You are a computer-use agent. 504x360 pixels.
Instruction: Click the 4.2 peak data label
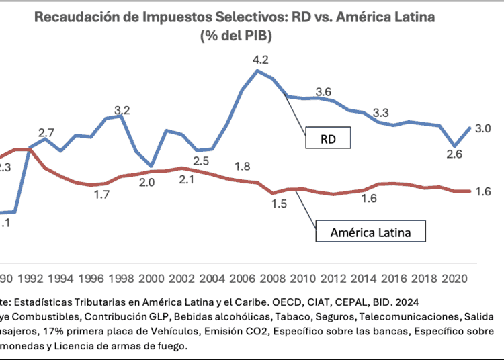tap(261, 60)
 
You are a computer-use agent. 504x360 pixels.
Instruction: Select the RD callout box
tap(327, 140)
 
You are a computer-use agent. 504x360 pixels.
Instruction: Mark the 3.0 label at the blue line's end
tap(484, 128)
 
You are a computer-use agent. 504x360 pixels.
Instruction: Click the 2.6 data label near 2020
tap(454, 154)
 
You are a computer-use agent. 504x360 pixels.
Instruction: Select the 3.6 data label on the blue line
tap(323, 92)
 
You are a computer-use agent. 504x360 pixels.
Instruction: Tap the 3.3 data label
tap(382, 112)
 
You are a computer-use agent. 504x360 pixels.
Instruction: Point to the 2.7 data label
tap(46, 132)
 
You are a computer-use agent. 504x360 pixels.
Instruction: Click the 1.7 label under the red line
tap(101, 195)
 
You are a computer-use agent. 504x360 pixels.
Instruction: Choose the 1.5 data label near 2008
tap(280, 204)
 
